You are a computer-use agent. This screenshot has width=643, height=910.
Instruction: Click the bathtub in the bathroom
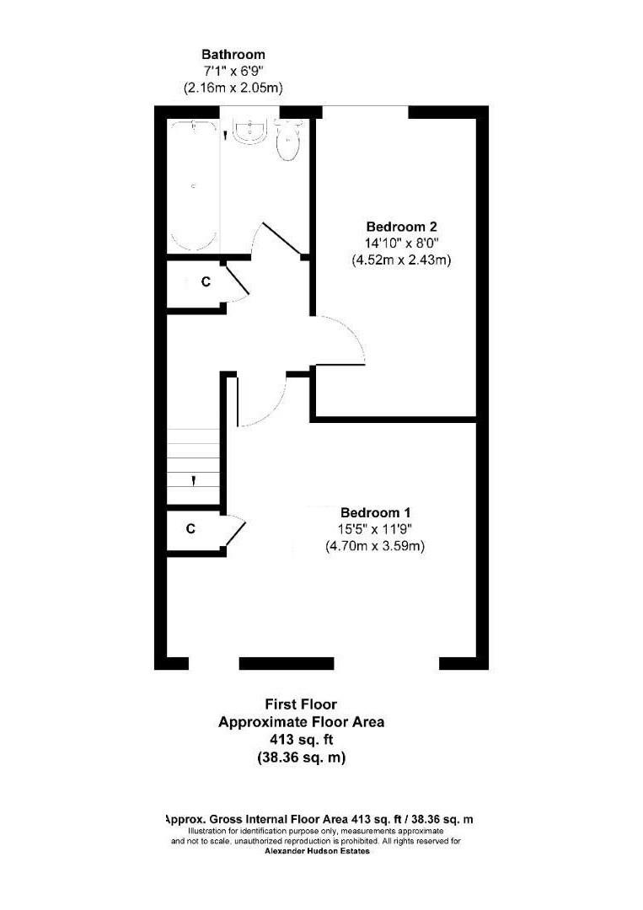coord(194,185)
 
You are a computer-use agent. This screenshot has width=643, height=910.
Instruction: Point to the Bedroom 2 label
coord(401,227)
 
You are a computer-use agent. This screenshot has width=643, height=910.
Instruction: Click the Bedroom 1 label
coord(375,512)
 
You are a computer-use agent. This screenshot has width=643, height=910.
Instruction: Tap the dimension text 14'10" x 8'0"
coord(401,244)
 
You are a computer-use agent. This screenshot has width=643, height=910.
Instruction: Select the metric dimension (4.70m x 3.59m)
coord(375,546)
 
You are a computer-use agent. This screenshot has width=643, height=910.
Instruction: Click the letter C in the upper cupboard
coord(205,283)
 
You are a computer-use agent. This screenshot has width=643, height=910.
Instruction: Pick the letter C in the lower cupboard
coord(190,529)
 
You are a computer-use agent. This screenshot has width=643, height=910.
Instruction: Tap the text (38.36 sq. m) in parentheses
coord(301,757)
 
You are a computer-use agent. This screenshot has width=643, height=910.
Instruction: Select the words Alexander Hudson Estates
coord(317,851)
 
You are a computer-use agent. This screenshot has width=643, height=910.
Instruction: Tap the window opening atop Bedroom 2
coord(366,108)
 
